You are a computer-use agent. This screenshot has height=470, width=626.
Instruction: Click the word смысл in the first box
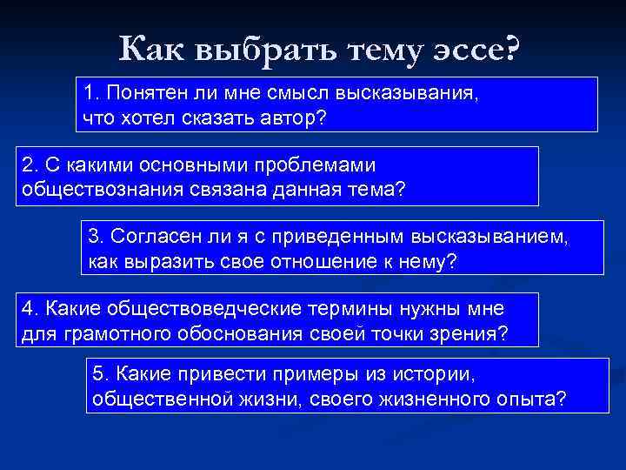(x=296, y=92)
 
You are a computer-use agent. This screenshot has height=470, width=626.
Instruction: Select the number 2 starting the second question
(x=27, y=164)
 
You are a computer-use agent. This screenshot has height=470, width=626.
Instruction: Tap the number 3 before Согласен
(x=94, y=236)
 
